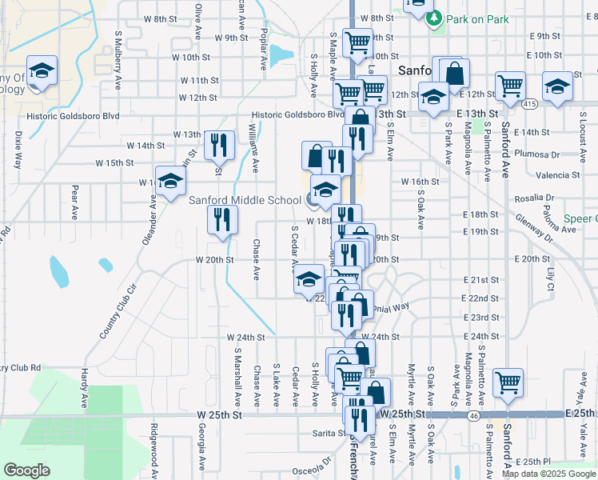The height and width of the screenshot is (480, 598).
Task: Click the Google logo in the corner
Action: coord(26,470)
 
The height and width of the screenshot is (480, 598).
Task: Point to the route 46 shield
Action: coord(474,417)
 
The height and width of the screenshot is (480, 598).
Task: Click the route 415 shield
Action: coord(529,104)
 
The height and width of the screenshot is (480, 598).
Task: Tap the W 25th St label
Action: coord(219,416)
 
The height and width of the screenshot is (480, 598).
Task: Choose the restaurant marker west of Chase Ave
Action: coord(222,220)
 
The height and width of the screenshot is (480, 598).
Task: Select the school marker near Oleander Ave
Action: coord(170,182)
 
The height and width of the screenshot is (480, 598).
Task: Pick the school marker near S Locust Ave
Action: coord(557,86)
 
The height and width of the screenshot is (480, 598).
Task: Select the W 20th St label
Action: coord(215,259)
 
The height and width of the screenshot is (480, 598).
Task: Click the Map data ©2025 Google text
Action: coord(548,474)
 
